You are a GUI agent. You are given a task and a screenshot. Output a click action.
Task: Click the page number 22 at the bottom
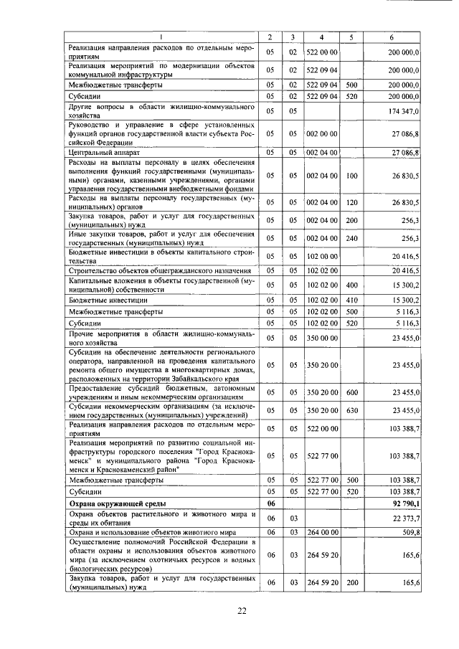pos(242,610)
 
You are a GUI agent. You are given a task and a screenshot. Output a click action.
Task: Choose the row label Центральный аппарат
pos(100,153)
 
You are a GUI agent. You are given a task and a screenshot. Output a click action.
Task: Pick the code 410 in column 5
pos(351,300)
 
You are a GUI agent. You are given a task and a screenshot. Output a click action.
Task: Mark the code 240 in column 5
pos(351,238)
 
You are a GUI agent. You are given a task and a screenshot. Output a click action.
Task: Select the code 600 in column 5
pos(351,392)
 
